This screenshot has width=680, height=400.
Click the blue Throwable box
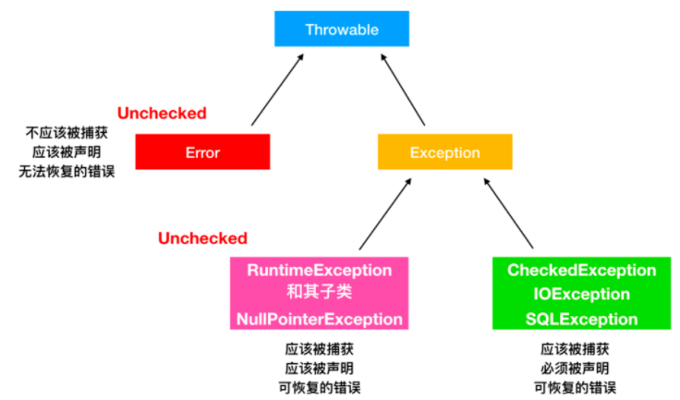[342, 29]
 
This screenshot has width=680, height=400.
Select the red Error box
[202, 152]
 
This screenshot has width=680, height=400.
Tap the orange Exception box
[445, 152]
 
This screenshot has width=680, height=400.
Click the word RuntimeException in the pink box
[319, 271]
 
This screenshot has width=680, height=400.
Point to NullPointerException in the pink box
[319, 320]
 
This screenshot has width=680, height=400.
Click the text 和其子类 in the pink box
[319, 292]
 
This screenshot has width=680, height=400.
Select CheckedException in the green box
[581, 271]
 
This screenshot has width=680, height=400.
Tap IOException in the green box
[581, 294]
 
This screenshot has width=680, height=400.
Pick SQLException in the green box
[581, 320]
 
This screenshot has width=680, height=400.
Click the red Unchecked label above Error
[162, 114]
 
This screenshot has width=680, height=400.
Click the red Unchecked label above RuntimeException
[202, 238]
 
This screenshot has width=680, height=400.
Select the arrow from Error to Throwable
[277, 90]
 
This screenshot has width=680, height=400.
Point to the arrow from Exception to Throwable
[403, 90]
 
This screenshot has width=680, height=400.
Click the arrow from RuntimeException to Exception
[385, 214]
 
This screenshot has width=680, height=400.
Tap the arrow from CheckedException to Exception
[508, 213]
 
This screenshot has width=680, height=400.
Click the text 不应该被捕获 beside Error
[67, 133]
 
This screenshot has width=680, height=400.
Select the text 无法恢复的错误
[67, 172]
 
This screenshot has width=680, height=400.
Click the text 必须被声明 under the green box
[575, 369]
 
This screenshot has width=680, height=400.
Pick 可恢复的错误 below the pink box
[319, 387]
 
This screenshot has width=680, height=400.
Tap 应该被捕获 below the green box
[575, 349]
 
